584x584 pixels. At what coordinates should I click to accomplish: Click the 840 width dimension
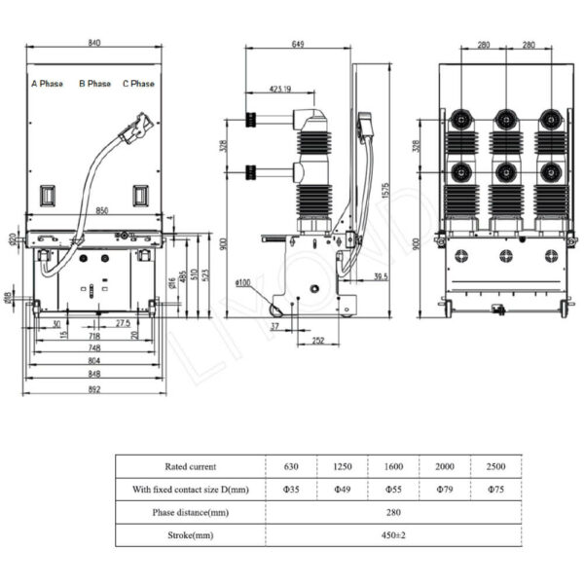click(x=94, y=44)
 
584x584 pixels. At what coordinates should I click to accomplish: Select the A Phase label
click(x=48, y=84)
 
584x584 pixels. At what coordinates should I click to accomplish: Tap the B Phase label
click(x=94, y=84)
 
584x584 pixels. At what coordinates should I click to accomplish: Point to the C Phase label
click(x=138, y=84)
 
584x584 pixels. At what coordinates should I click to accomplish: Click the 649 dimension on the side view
click(x=299, y=44)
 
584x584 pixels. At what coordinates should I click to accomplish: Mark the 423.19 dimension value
click(x=277, y=89)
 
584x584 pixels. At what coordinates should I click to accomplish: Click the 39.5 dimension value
click(x=381, y=276)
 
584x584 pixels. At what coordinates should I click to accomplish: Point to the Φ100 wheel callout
click(x=245, y=283)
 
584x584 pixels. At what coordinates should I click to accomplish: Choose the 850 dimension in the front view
click(x=94, y=210)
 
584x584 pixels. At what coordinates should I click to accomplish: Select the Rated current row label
click(x=191, y=466)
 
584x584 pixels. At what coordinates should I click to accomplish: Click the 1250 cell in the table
click(x=343, y=466)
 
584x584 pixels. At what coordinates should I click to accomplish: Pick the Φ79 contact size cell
click(x=445, y=488)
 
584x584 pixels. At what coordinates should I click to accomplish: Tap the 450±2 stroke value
click(x=393, y=533)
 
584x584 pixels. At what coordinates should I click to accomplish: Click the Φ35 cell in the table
click(x=291, y=488)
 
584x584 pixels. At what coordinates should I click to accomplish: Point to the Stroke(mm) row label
click(x=191, y=533)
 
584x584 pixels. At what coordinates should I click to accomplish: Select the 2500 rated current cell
click(x=495, y=466)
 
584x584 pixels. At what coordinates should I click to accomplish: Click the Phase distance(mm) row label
click(x=191, y=511)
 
